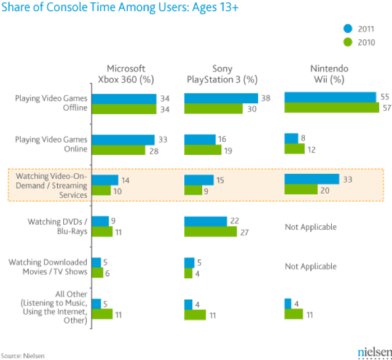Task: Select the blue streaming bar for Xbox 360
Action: [105, 179]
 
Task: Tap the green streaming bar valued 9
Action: [193, 190]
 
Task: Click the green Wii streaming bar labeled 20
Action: [300, 190]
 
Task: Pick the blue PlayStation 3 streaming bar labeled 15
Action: [199, 179]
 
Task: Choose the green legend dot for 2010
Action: [348, 42]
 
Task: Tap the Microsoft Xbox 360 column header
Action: [130, 74]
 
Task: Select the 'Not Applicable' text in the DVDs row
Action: [310, 227]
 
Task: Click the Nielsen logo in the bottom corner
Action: [371, 352]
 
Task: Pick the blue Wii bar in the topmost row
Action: [330, 97]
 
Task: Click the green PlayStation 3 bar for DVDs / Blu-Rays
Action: [210, 232]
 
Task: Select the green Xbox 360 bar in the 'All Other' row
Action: [103, 314]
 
